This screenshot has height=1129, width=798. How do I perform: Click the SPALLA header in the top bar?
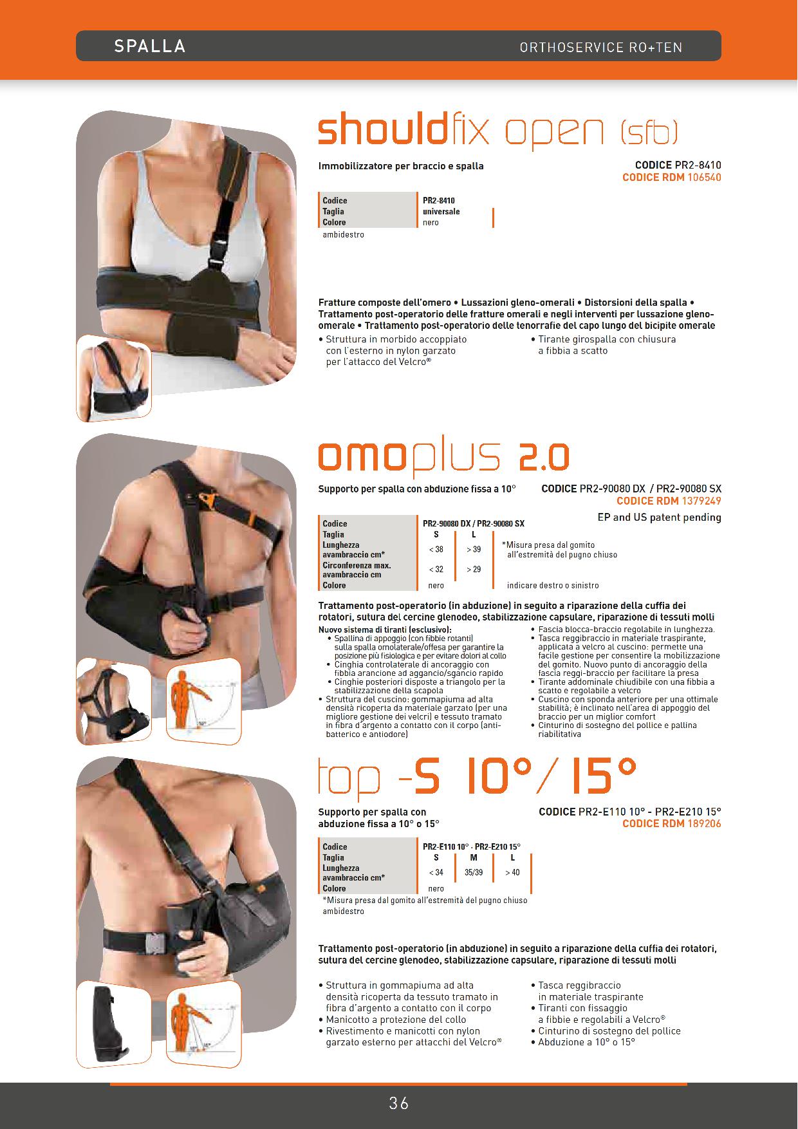coord(150,46)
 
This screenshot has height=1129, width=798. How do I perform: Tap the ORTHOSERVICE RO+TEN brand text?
coord(601,48)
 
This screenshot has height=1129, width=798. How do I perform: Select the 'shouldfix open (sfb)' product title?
coord(498,131)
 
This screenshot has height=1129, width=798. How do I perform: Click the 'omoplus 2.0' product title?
coord(444,456)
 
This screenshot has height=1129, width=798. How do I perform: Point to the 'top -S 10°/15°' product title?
coord(478,778)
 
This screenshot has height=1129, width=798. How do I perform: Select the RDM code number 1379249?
coord(701,501)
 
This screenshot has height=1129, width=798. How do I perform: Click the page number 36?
coord(399,1104)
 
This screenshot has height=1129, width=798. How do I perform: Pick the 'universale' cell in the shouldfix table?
coord(441,211)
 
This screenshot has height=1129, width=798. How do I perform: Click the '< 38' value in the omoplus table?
coord(436,549)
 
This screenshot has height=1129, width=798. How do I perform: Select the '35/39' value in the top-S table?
coord(474,872)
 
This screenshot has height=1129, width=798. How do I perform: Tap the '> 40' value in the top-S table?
coord(512,872)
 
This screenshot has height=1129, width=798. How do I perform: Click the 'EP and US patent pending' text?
coord(659,518)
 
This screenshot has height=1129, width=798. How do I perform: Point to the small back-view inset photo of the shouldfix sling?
coord(114,378)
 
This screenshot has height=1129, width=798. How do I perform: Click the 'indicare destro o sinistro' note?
coord(553,586)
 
